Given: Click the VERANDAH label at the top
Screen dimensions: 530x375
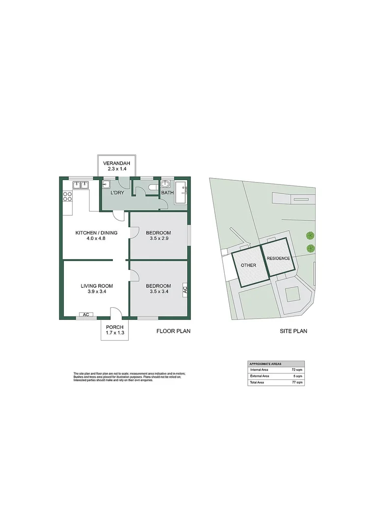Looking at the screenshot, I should [x=118, y=163].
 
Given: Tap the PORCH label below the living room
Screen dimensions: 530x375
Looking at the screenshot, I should [x=114, y=327].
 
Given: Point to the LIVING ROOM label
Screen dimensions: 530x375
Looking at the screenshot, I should [x=97, y=286].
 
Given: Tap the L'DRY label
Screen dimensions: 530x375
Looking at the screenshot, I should [x=116, y=193].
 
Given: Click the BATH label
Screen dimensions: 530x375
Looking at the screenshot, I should [x=167, y=193].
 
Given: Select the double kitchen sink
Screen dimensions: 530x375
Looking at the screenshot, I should [x=80, y=185].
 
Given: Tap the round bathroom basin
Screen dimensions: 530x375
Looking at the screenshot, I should [x=166, y=184].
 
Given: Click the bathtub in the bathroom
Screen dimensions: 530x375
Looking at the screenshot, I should [x=182, y=193].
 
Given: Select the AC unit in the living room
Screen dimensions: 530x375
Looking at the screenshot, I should [x=85, y=315].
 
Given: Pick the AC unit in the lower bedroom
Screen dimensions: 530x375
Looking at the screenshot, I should [x=185, y=289].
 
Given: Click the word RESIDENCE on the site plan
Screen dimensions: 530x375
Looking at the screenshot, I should [x=279, y=258].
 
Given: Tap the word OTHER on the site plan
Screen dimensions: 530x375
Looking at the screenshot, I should [x=248, y=265].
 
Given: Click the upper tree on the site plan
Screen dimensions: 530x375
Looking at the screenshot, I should [x=310, y=235].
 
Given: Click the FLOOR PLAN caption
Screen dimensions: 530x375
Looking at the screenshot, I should [x=173, y=331].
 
